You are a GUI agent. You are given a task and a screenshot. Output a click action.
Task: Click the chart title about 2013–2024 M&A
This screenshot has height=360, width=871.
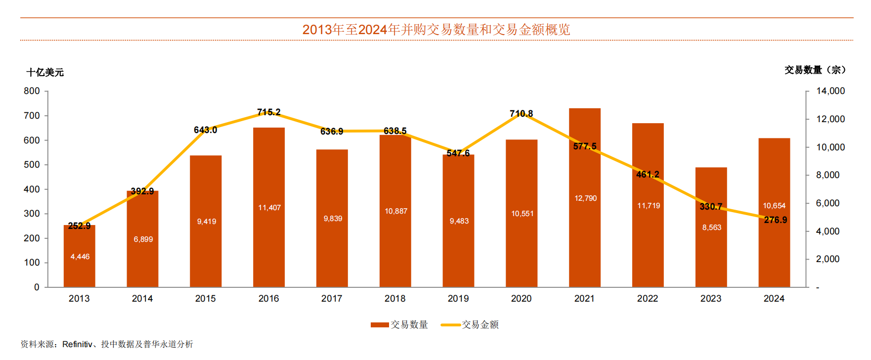(x=436, y=30)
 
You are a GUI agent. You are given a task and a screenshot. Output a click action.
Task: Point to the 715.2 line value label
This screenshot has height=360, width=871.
(x=269, y=112)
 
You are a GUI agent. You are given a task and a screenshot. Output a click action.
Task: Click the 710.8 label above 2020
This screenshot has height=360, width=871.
(x=522, y=114)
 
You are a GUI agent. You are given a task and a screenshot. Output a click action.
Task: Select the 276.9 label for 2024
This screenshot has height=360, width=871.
(x=775, y=220)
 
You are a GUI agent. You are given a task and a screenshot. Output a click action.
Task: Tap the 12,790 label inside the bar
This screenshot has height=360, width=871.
(x=585, y=198)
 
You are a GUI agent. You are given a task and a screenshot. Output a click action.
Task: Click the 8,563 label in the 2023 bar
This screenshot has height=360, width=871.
(x=711, y=227)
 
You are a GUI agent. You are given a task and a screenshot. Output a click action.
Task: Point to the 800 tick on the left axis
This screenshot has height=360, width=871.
(x=32, y=91)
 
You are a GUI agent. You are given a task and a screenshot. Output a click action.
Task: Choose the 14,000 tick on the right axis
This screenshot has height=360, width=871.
(x=830, y=91)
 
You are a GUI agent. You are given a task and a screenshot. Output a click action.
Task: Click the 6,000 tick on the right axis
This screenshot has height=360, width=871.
(x=827, y=203)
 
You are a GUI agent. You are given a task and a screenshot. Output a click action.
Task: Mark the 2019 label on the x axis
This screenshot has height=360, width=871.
(x=458, y=299)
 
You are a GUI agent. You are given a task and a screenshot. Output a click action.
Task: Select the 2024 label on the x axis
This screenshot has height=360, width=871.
(x=774, y=299)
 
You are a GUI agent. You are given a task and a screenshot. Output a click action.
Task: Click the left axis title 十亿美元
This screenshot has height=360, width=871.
(x=45, y=73)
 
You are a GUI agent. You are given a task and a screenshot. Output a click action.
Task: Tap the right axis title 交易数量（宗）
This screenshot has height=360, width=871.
(x=815, y=70)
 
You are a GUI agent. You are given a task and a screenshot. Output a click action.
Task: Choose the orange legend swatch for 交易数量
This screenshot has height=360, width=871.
(x=380, y=325)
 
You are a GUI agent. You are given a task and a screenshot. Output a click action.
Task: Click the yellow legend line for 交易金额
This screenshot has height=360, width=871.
(x=450, y=325)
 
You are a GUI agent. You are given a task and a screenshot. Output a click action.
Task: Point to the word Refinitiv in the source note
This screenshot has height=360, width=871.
(x=77, y=344)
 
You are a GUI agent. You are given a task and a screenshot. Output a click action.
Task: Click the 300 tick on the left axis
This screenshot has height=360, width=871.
(x=32, y=214)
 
